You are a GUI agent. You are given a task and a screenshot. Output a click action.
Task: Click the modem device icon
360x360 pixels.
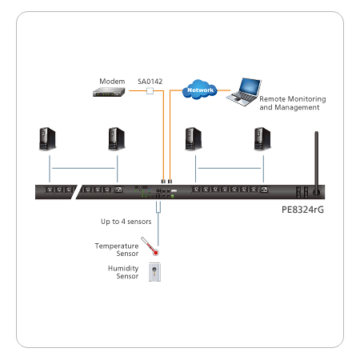click(109, 92)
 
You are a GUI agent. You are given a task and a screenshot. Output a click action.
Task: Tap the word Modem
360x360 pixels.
click(112, 82)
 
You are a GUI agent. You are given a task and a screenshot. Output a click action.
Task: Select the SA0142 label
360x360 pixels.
click(150, 82)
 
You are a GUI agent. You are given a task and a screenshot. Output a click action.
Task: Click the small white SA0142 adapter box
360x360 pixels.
click(150, 91)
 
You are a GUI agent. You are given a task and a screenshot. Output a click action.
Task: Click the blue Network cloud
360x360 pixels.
click(200, 90)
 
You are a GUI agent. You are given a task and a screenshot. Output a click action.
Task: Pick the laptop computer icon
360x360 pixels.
click(244, 92)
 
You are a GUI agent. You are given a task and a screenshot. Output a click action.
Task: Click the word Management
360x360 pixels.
click(297, 107)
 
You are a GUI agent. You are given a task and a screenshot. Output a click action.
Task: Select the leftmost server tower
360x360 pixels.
click(47, 139)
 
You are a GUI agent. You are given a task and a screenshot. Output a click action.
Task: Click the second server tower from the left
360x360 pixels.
click(117, 139)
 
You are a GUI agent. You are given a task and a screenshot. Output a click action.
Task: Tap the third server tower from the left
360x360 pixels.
click(194, 139)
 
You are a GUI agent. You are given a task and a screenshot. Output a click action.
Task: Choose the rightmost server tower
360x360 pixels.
click(262, 139)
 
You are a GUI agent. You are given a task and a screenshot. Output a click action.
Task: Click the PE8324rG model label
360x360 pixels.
click(302, 210)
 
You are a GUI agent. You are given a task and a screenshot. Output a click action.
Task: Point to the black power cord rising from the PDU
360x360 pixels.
click(316, 162)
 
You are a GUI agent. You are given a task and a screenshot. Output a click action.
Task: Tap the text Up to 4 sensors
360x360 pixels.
click(126, 222)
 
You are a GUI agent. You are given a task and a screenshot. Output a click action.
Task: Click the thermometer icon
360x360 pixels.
click(150, 246)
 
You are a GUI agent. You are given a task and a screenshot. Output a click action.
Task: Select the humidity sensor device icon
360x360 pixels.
click(154, 272)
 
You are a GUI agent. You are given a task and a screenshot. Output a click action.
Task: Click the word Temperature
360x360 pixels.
click(117, 246)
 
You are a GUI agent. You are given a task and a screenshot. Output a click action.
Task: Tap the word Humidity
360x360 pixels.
click(123, 268)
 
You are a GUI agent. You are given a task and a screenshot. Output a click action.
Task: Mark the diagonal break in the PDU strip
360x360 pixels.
click(74, 192)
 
